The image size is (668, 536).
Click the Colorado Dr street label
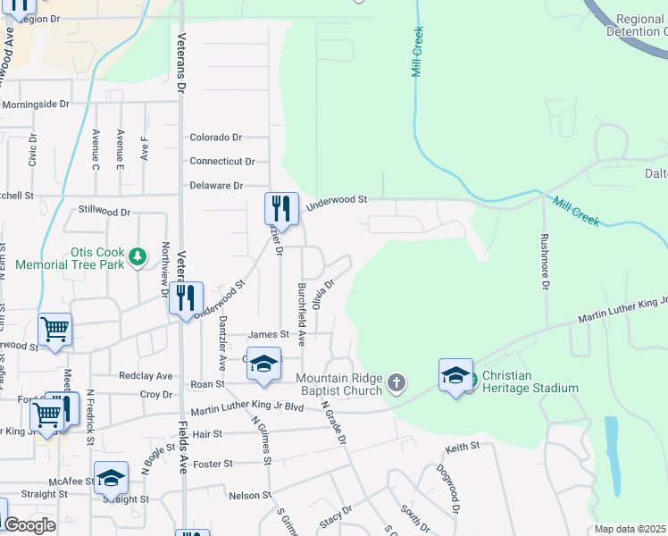point(215,138)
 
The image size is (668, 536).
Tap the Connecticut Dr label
point(221,162)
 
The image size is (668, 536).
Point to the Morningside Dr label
point(35,105)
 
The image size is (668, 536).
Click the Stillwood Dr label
point(104,213)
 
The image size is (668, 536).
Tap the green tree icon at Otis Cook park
point(137,258)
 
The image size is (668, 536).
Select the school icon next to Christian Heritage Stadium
point(455,373)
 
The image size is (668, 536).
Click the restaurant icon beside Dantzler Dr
point(281,209)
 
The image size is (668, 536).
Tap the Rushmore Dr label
point(543,262)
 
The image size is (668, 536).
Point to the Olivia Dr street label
point(323,294)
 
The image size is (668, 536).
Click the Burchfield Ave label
point(302,314)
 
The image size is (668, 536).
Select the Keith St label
point(463,445)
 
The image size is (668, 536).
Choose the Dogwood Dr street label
point(447,489)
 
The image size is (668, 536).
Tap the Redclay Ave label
point(151,376)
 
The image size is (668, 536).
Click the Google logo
point(29,525)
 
